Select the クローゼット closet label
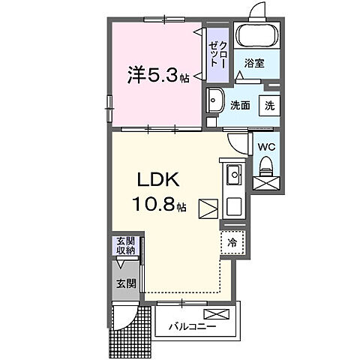pos(217,54)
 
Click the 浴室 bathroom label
pos(255,64)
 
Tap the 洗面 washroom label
pos(240,106)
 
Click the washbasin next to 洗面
pos(215,100)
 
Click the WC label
pos(265,148)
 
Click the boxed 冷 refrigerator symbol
pos(232,242)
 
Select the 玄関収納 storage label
pos(125,245)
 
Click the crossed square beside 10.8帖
pos(207,208)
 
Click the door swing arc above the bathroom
pos(257,11)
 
